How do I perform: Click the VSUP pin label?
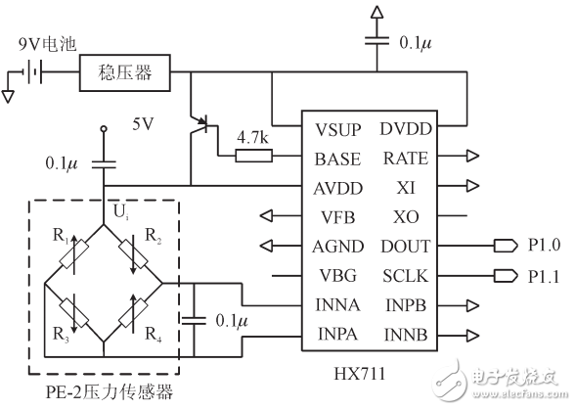[x=338, y=128]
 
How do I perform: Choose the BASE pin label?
[x=338, y=158]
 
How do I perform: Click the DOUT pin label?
[x=406, y=246]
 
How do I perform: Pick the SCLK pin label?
[x=406, y=275]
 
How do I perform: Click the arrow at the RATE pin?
[x=473, y=157]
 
